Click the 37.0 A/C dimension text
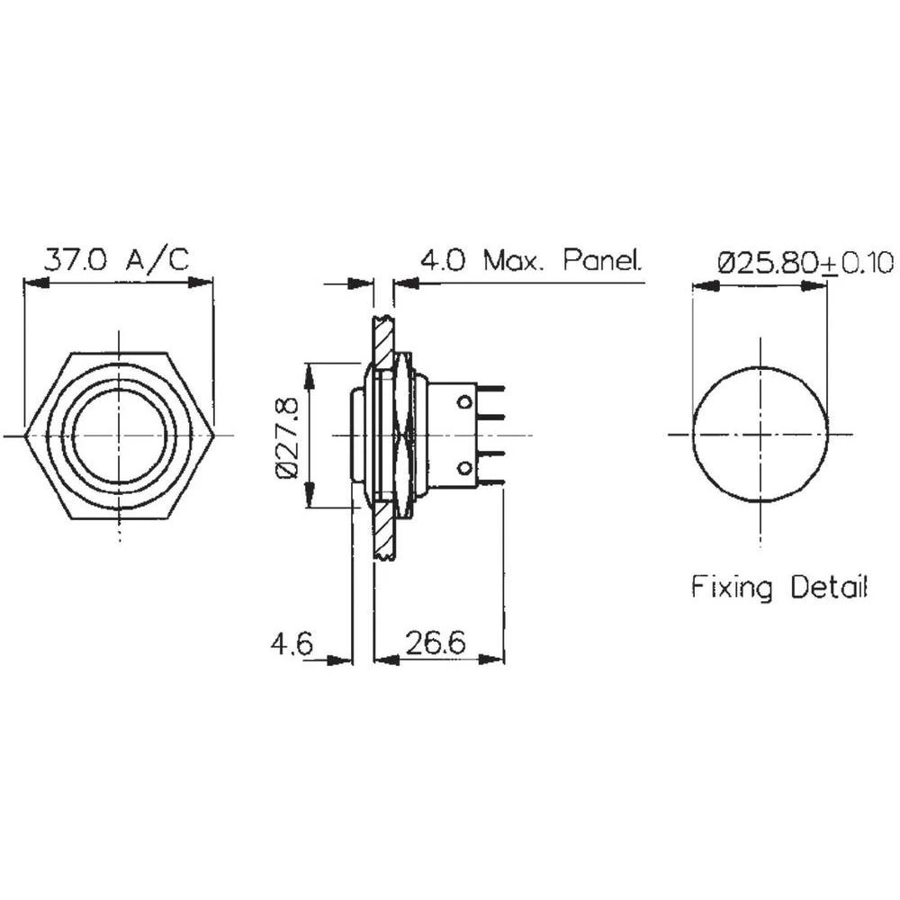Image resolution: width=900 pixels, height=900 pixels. (117, 261)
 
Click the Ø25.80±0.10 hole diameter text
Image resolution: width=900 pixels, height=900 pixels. (805, 263)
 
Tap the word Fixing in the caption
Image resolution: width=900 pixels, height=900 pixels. (732, 588)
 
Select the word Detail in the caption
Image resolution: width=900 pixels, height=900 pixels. (829, 588)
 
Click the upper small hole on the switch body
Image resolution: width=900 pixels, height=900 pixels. (465, 400)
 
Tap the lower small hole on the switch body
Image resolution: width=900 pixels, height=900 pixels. (465, 468)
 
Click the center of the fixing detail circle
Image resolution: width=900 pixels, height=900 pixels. (760, 435)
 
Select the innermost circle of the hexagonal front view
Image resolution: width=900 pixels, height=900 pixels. (119, 436)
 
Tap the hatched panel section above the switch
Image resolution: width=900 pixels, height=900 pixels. (383, 337)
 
